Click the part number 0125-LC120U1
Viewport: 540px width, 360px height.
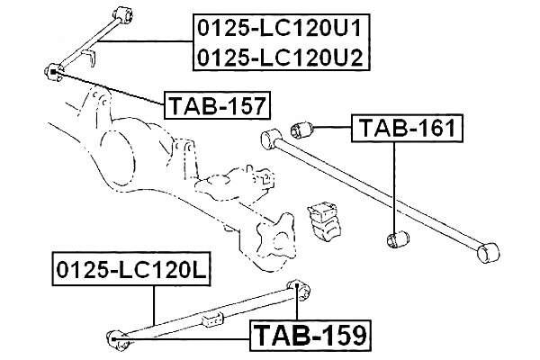280,28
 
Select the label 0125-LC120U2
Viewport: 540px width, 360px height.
280,57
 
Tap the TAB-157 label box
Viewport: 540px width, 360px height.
217,105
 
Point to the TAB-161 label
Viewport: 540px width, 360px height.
407,128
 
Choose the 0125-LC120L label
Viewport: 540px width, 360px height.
131,269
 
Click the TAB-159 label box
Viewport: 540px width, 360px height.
310,336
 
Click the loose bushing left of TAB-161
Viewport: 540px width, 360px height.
301,130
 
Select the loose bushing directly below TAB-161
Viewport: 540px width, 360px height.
398,238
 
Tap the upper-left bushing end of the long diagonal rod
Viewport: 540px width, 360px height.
272,139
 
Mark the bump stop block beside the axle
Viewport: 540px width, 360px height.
324,220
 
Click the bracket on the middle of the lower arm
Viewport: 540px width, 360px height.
211,319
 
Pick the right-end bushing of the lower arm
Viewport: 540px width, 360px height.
299,289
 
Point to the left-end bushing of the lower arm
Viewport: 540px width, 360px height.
117,339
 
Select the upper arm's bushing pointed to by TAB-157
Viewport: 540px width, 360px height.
54,72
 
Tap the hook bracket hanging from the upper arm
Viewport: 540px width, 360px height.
89,58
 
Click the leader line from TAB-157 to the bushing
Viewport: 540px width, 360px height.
110,87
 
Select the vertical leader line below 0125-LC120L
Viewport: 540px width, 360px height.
154,305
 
